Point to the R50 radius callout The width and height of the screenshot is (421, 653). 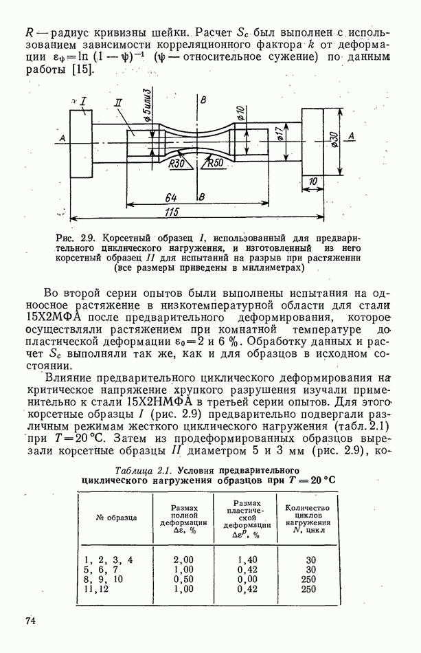(x=216, y=163)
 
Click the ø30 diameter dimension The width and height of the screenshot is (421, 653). (x=334, y=140)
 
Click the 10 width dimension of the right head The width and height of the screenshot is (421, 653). (x=314, y=181)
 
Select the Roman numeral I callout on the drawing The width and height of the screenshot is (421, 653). (x=82, y=102)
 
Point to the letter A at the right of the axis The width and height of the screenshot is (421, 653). (x=352, y=137)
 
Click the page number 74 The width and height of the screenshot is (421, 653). (x=30, y=621)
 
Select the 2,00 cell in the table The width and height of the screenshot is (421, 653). (x=184, y=560)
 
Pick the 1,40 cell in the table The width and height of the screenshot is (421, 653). (x=247, y=560)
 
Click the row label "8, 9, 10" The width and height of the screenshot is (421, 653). (x=104, y=579)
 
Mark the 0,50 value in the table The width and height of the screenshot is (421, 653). (x=184, y=579)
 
